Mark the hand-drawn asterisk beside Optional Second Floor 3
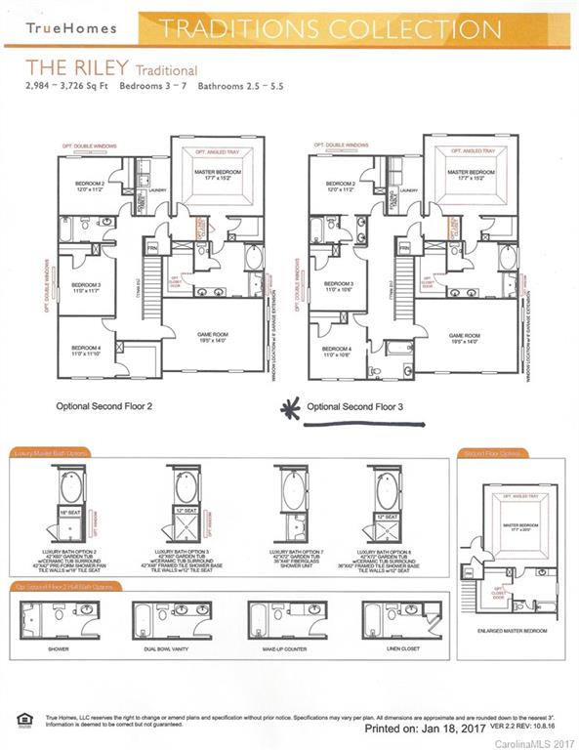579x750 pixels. (290, 408)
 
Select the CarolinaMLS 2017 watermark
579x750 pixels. (537, 743)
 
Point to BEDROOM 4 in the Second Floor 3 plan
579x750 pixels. (338, 349)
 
